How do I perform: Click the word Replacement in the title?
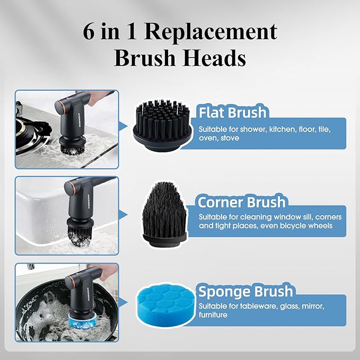coord(211,31)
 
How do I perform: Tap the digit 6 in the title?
coord(90,32)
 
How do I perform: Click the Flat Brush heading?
coord(232,112)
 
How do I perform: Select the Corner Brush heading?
coord(241,203)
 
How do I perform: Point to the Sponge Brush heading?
coord(245,291)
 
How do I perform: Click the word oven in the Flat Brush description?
coord(208,138)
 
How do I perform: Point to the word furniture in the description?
coord(213,315)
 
